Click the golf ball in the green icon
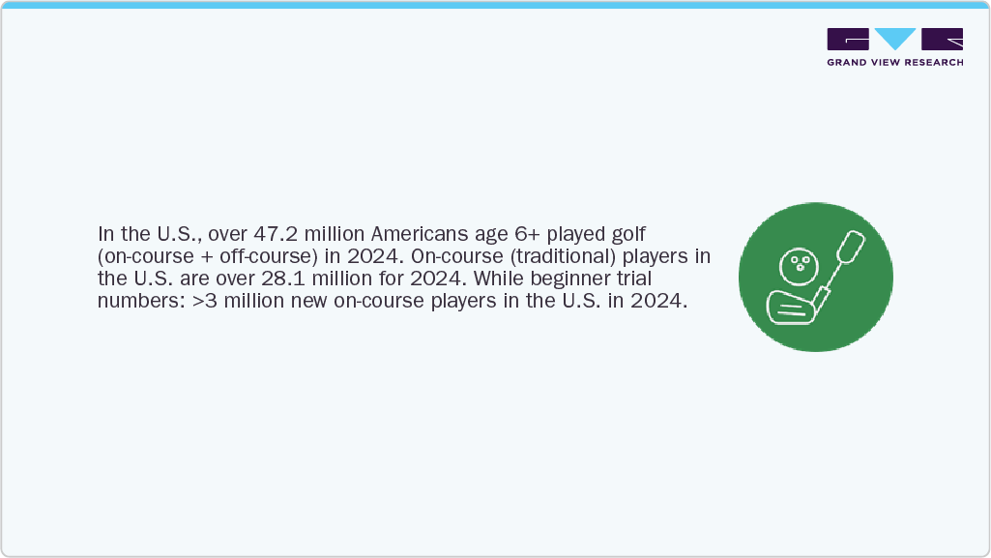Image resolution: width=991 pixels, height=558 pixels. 796,262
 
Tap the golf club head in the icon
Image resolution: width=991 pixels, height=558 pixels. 790,308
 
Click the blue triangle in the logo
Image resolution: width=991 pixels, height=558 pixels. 894,40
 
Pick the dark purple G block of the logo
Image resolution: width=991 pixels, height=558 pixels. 847,40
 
